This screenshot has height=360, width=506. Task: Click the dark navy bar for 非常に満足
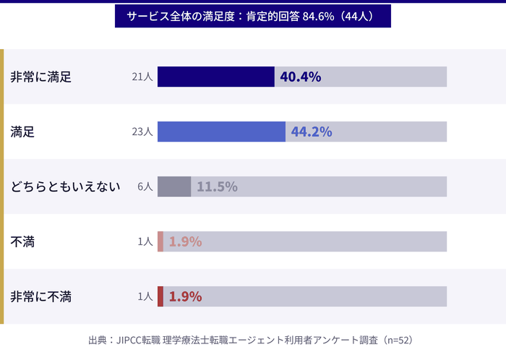[x=215, y=77]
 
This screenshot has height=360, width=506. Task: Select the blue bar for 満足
[x=221, y=132]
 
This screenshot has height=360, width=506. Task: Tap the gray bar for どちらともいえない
[x=174, y=187]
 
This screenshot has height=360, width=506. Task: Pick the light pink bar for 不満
[x=160, y=241]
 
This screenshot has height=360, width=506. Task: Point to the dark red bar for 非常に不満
[x=160, y=296]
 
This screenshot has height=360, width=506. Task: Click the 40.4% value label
[x=300, y=77]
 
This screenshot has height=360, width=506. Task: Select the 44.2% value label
[x=312, y=132]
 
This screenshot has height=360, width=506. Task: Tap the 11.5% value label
[x=217, y=187]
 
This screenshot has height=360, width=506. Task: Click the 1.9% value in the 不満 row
[x=185, y=241]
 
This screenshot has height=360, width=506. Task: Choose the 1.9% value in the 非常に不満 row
[x=185, y=296]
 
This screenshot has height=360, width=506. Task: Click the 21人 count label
[x=142, y=77]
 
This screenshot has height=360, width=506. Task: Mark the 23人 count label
[x=142, y=132]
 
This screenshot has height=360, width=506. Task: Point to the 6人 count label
[x=145, y=187]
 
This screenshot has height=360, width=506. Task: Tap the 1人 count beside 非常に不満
[x=145, y=296]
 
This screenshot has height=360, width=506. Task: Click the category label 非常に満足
[x=40, y=77]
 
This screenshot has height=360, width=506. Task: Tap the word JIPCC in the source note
[x=131, y=340]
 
